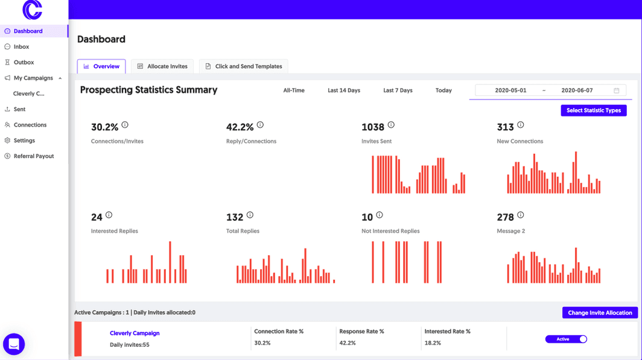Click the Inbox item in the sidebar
[x=21, y=46]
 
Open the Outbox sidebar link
[x=24, y=62]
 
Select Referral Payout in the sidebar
[x=33, y=156]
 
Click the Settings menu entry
[x=24, y=141]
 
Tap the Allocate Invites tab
[x=162, y=66]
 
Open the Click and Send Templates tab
[x=243, y=66]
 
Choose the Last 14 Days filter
[x=344, y=90]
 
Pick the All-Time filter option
[x=294, y=90]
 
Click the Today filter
[x=443, y=90]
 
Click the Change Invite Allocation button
[x=600, y=312]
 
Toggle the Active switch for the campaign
[x=566, y=339]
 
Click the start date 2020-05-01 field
[x=510, y=90]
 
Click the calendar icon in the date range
[x=617, y=90]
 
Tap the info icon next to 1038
[x=391, y=125]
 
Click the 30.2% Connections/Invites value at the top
[x=104, y=127]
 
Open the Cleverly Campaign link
[x=135, y=333]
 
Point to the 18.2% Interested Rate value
[x=433, y=343]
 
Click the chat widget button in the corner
[x=14, y=344]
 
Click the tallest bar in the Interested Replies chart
[x=170, y=262]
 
